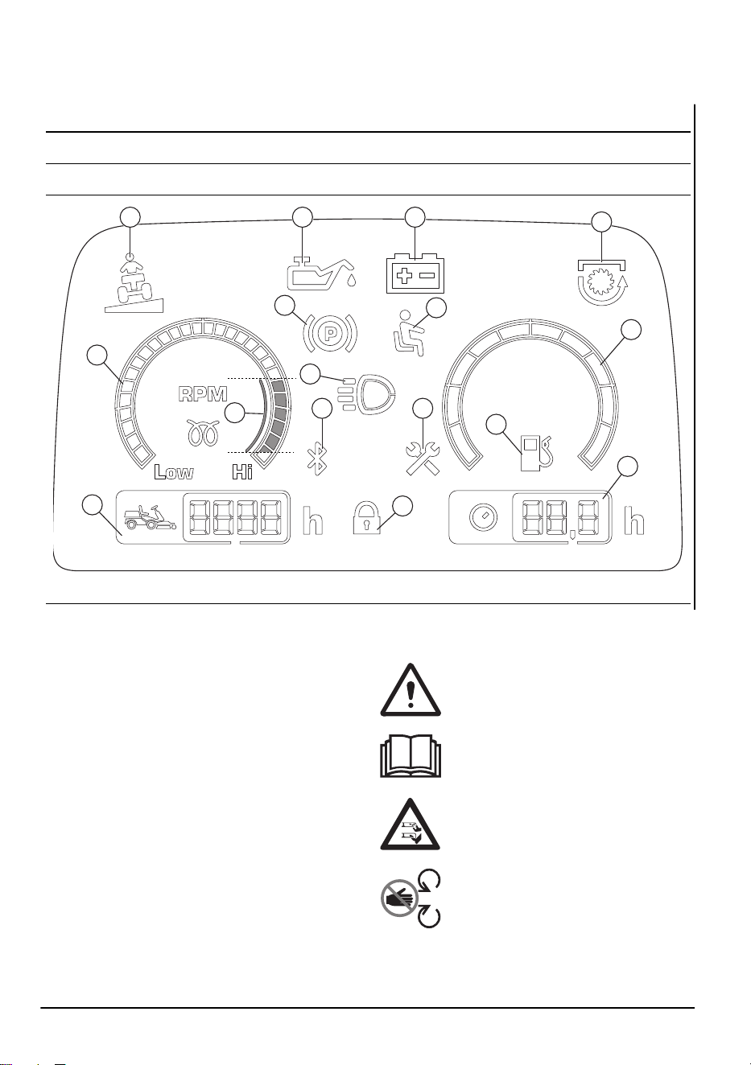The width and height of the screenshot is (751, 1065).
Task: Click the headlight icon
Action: pyautogui.click(x=366, y=393)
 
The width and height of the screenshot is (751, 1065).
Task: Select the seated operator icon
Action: pyautogui.click(x=407, y=333)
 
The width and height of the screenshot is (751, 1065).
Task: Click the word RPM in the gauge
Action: pyautogui.click(x=203, y=394)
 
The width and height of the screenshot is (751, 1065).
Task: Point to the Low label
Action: pyautogui.click(x=174, y=472)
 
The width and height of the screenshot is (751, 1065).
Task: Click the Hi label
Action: pyautogui.click(x=242, y=472)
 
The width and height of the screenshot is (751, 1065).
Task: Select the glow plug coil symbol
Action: pyautogui.click(x=203, y=432)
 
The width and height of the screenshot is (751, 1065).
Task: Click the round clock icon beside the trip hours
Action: pyautogui.click(x=484, y=518)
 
